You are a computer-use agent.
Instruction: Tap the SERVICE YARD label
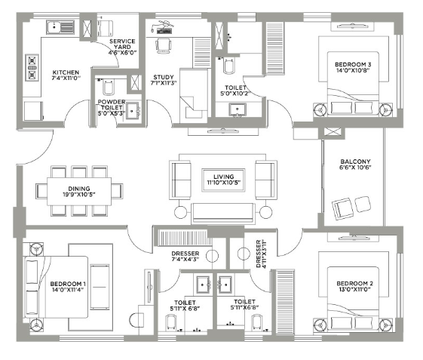click(121, 42)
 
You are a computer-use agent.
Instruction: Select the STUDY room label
click(163, 76)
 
